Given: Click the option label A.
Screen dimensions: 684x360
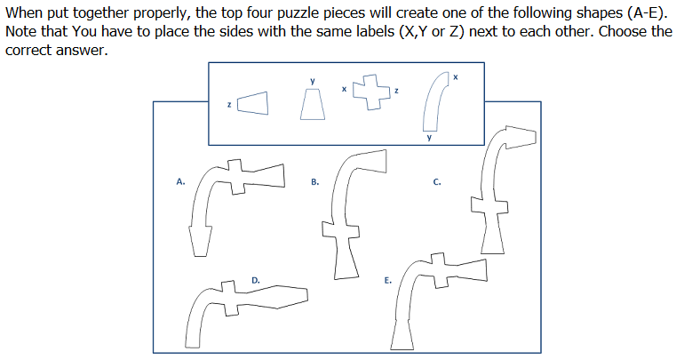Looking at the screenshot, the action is [x=180, y=181].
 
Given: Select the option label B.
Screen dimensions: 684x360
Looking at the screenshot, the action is [x=315, y=182].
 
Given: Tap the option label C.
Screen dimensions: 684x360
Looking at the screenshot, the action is [x=437, y=182].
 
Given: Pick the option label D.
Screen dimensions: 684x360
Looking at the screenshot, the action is [x=256, y=280].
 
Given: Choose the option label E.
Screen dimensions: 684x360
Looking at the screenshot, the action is [x=388, y=280].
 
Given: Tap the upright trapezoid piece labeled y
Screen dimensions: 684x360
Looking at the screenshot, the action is [x=313, y=104].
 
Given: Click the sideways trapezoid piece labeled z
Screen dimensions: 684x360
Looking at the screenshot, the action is [x=252, y=103].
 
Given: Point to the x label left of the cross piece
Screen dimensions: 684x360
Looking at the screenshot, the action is [x=344, y=89].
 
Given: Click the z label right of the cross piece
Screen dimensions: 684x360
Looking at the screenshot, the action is [x=396, y=91].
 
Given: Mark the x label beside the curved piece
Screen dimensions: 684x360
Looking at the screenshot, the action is [x=456, y=77].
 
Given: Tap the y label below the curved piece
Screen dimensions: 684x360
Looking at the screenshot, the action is [x=429, y=138].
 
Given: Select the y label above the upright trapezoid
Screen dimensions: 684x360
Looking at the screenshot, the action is [x=313, y=81].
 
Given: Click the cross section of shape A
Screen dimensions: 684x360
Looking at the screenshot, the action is [x=235, y=177].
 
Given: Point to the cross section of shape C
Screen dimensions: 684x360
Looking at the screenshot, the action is [x=489, y=206].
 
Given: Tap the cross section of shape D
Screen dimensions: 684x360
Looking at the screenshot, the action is [x=229, y=298].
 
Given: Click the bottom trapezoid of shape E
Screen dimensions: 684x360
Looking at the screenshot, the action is [x=402, y=335].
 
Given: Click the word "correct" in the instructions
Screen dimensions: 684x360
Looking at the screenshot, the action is [x=28, y=51].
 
